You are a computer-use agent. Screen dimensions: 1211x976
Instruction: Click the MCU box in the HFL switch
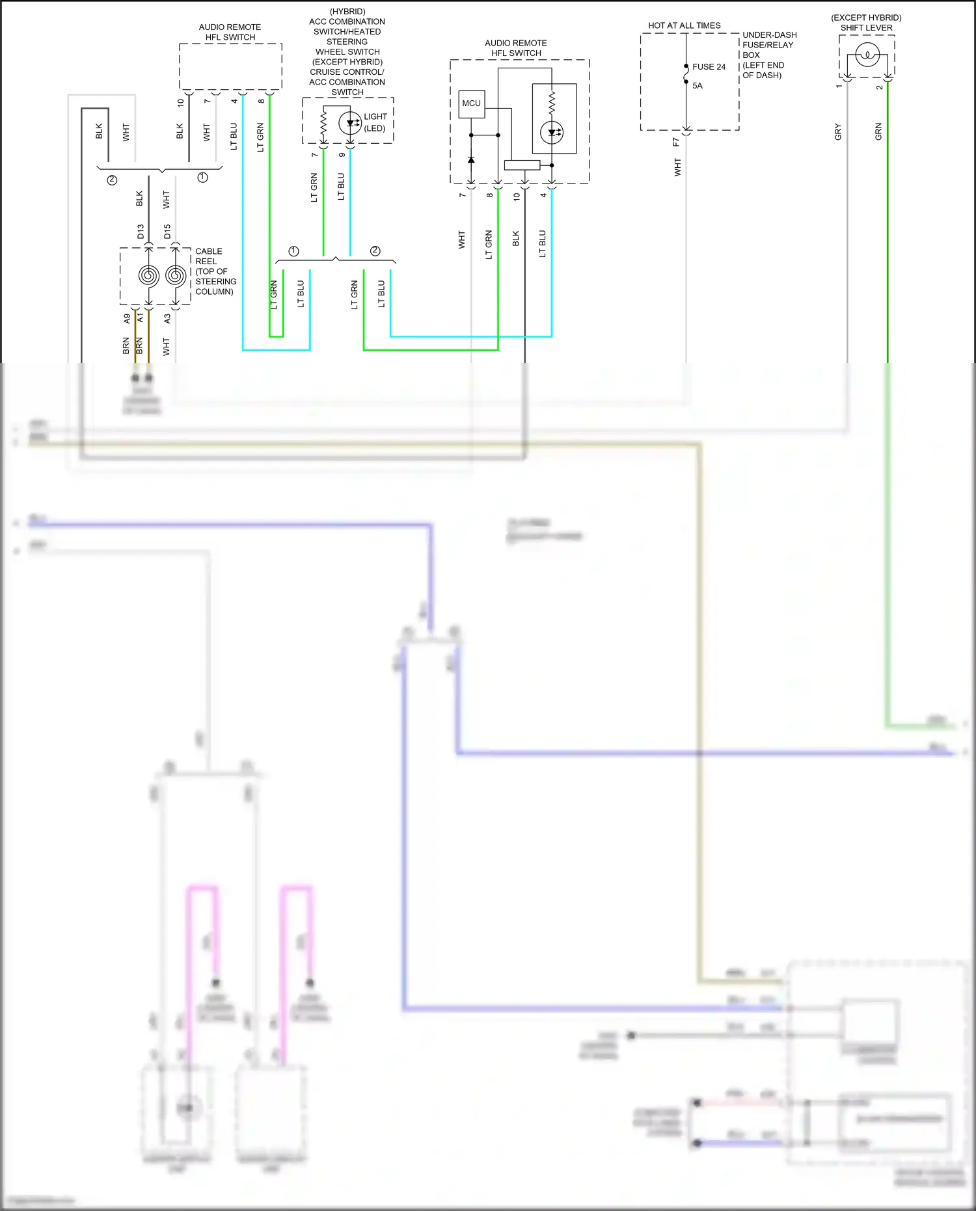click(471, 103)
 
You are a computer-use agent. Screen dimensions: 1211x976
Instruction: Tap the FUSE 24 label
click(709, 67)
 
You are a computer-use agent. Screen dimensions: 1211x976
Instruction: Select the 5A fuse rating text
click(698, 86)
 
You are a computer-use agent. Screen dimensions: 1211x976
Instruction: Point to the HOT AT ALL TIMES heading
click(684, 26)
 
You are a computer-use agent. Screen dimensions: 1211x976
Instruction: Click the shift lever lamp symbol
click(867, 55)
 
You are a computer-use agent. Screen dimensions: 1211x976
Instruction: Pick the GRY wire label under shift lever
click(838, 132)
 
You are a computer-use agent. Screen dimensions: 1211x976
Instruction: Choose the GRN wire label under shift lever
click(878, 132)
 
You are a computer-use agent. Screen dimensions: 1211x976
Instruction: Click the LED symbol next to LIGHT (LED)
click(350, 122)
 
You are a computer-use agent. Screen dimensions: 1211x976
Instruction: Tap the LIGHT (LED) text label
click(375, 122)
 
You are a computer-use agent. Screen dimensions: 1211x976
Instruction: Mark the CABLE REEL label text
click(215, 271)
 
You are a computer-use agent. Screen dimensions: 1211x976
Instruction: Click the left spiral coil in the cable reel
click(149, 276)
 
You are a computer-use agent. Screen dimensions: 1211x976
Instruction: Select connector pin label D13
click(141, 232)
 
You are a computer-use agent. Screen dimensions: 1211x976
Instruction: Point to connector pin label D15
click(167, 232)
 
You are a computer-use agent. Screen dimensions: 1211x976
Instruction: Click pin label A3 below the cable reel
click(167, 319)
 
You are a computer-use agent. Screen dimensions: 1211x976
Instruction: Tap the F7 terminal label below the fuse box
click(676, 142)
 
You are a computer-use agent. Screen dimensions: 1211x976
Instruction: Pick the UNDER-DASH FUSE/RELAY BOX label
click(769, 55)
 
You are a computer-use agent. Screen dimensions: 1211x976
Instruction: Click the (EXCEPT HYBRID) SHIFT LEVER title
click(866, 23)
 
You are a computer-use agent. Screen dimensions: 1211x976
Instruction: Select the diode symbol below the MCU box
click(471, 159)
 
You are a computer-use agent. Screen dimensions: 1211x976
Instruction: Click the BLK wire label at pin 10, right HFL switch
click(516, 239)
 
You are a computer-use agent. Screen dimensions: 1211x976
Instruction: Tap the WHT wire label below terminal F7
click(677, 167)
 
